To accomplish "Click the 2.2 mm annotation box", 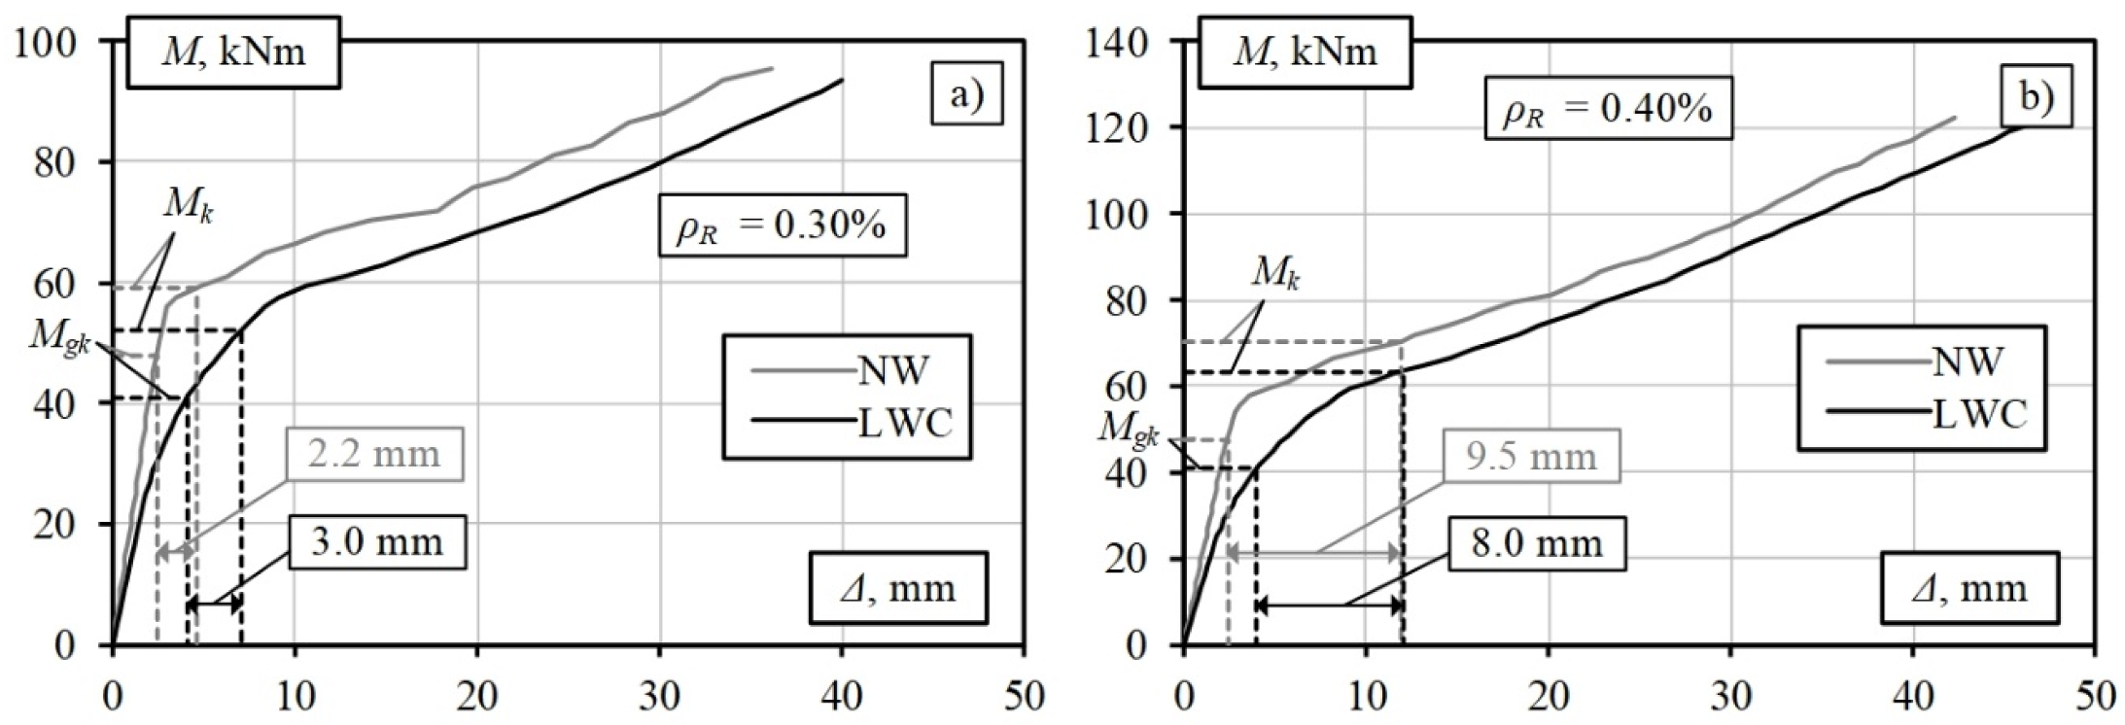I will click(374, 454).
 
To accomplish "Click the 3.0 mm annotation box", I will click(377, 541).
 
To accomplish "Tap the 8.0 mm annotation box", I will click(1536, 542).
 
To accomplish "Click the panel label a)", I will click(966, 96).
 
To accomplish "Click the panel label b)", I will click(2037, 96).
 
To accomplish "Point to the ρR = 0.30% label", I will click(783, 227).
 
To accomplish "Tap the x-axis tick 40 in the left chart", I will click(841, 696).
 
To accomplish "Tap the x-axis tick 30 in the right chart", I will click(1729, 696).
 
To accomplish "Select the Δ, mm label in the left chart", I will click(897, 588).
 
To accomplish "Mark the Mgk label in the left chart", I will click(59, 336).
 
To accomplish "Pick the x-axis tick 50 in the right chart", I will click(2093, 696).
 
